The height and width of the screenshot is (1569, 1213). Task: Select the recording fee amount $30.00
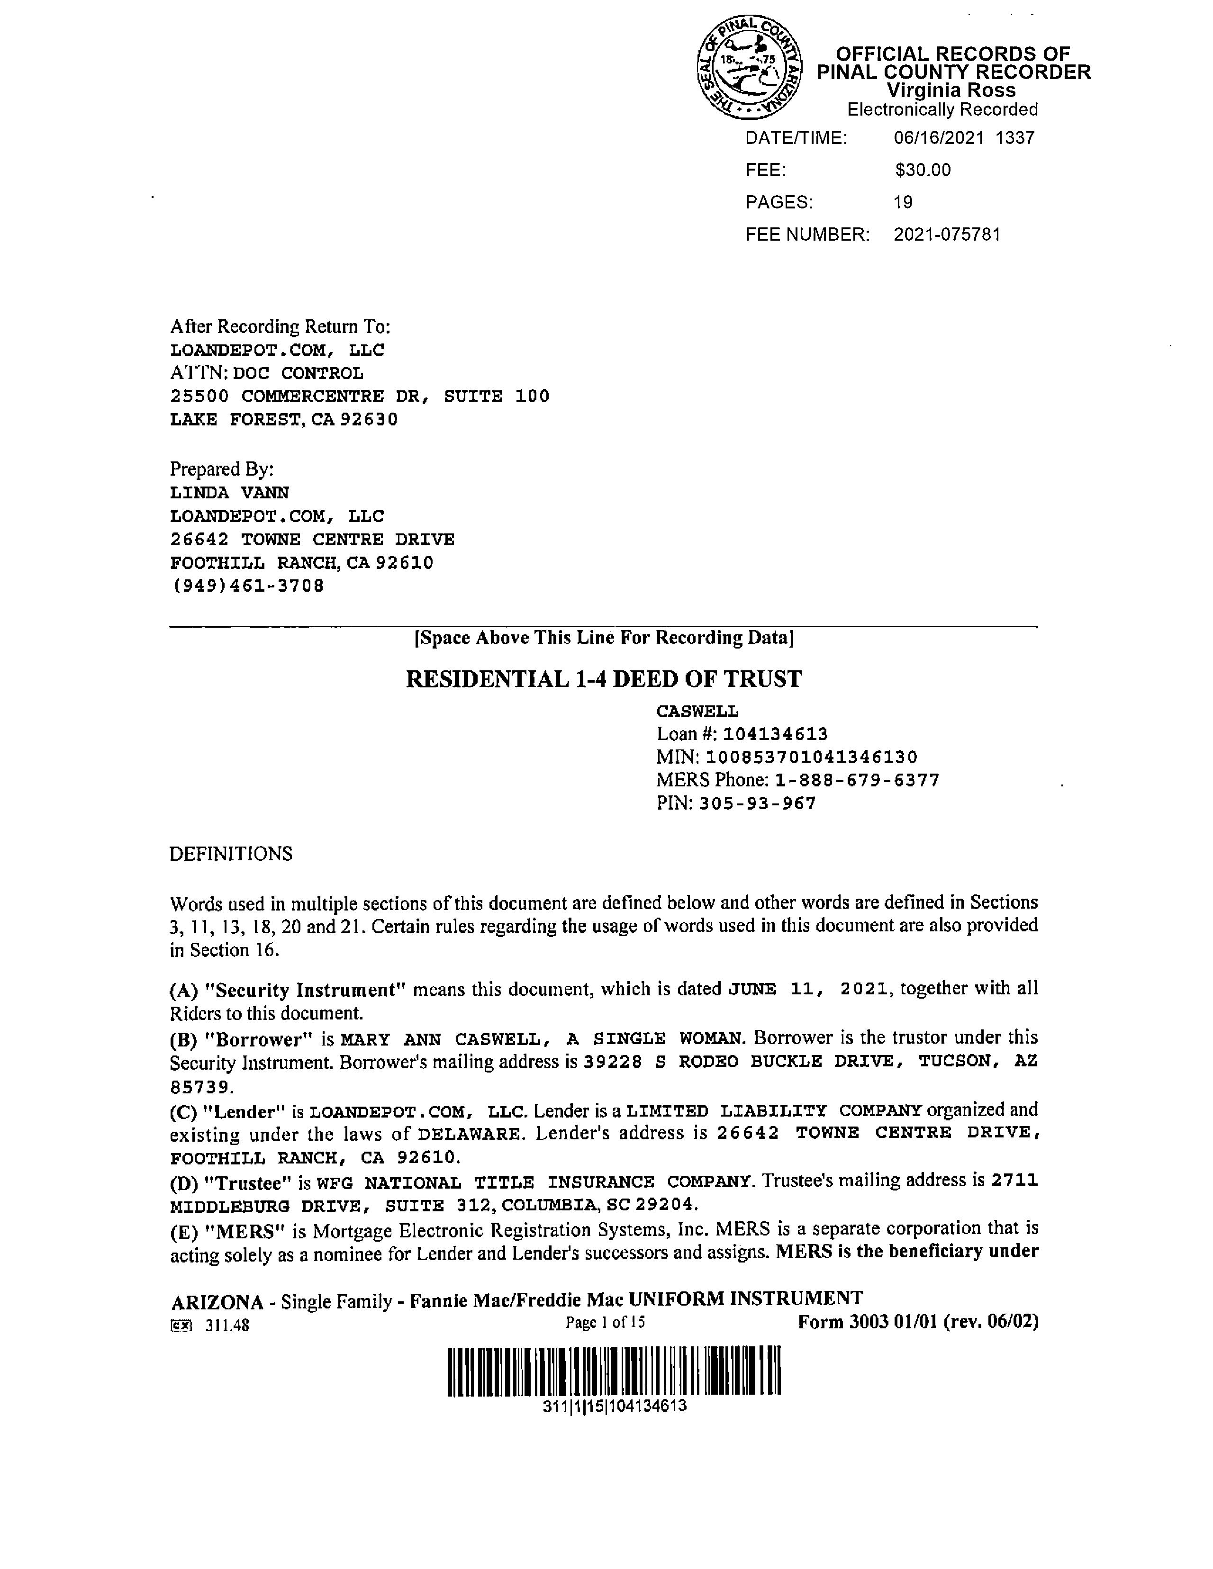(x=923, y=170)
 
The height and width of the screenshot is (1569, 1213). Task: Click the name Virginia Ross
(x=950, y=90)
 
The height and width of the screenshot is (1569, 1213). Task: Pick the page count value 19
(x=903, y=203)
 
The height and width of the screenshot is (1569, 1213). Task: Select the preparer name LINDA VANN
(x=229, y=493)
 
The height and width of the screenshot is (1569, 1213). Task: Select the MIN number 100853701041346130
(x=811, y=757)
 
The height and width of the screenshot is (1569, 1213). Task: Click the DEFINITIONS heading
(x=231, y=854)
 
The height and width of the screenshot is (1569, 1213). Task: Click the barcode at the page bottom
(x=615, y=1371)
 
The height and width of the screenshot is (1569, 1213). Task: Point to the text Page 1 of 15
(x=605, y=1323)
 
